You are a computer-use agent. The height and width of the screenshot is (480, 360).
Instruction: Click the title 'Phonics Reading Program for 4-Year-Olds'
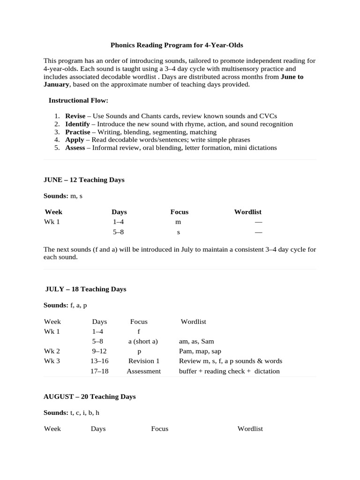(x=177, y=45)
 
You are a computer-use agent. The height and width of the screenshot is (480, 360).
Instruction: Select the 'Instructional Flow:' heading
(x=78, y=100)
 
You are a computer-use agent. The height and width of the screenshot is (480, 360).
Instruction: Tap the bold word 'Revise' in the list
(x=75, y=116)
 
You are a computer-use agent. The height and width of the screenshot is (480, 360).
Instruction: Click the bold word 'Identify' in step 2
(x=77, y=124)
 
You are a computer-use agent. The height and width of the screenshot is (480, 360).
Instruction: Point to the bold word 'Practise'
(x=77, y=132)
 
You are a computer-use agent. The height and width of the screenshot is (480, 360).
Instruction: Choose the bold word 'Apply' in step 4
(x=75, y=140)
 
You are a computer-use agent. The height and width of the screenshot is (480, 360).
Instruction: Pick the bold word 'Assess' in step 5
(x=75, y=148)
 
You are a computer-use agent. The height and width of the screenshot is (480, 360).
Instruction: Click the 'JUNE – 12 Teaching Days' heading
(x=84, y=180)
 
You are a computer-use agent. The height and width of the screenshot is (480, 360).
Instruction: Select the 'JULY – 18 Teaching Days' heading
(x=86, y=289)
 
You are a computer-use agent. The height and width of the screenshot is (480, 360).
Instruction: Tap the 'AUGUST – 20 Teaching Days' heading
(x=90, y=397)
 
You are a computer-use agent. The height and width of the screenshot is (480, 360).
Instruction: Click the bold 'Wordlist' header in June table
(x=247, y=212)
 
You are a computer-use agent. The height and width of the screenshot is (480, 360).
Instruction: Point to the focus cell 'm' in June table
(x=178, y=222)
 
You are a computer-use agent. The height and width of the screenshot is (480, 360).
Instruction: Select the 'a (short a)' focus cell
(x=143, y=341)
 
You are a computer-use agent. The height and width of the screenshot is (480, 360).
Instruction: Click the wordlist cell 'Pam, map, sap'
(x=200, y=351)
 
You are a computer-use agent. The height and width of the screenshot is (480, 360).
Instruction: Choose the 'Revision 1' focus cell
(x=144, y=361)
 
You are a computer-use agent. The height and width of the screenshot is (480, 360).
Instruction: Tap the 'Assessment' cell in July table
(x=143, y=371)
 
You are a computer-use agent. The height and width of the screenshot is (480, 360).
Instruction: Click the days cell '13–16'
(x=99, y=361)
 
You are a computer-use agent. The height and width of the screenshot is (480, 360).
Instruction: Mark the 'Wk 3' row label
(x=52, y=361)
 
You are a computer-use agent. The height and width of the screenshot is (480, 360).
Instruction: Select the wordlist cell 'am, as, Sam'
(x=196, y=341)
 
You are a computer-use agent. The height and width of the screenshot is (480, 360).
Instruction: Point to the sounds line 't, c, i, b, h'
(x=84, y=412)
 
